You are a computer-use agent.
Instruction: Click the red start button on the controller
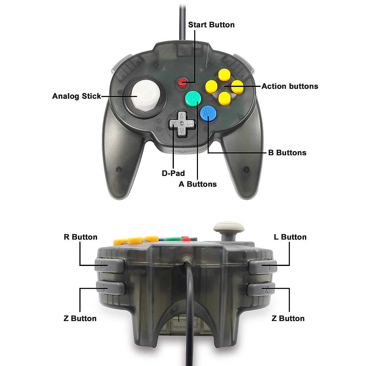[x=182, y=82]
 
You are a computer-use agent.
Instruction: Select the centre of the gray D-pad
[x=181, y=123]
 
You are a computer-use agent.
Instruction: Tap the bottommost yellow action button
[x=225, y=98]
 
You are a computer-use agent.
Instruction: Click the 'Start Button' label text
[x=211, y=25]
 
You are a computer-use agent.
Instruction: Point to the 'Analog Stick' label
[x=76, y=96]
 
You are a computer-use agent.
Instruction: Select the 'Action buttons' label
[x=290, y=86]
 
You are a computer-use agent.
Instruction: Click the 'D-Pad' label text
[x=173, y=173]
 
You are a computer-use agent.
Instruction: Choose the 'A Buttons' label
[x=198, y=184]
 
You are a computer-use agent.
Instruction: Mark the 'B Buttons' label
[x=287, y=152]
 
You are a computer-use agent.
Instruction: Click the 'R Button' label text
[x=81, y=237]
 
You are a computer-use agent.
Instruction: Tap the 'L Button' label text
[x=290, y=237]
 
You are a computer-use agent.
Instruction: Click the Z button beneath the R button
[x=111, y=288]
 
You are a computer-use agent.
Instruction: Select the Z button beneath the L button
[x=261, y=289]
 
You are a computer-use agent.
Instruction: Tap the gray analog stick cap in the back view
[x=225, y=227]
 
